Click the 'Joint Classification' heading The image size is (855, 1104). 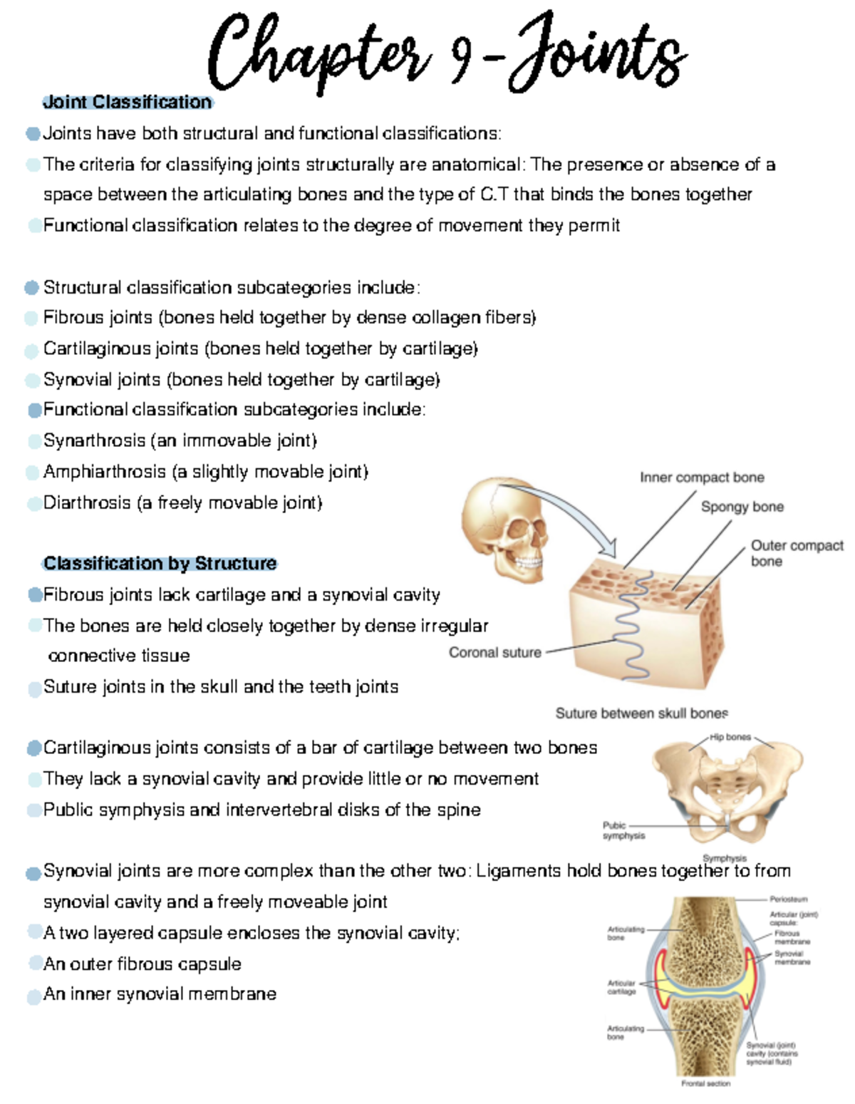tap(128, 102)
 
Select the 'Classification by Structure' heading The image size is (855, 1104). tap(160, 563)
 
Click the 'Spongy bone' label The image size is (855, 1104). tap(742, 507)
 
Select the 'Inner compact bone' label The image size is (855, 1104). tap(702, 478)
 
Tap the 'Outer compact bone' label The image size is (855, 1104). tap(796, 553)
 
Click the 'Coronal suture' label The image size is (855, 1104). tap(494, 652)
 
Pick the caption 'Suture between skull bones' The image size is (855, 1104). tap(641, 713)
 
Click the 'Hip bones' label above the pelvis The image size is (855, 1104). tap(730, 737)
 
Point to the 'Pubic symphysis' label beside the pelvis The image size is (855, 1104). tap(623, 830)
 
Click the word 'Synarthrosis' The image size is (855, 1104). tap(94, 440)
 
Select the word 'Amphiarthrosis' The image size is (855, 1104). tap(105, 472)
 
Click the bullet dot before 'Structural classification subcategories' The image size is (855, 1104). tap(31, 287)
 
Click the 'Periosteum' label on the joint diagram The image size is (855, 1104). tap(788, 899)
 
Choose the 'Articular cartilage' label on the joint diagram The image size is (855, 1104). tap(621, 986)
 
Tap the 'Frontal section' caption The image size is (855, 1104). tap(705, 1083)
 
